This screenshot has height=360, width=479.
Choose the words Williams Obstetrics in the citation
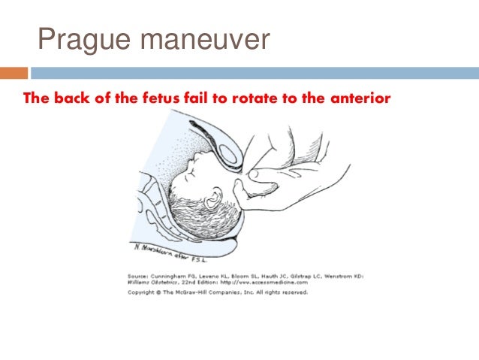(x=149, y=283)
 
